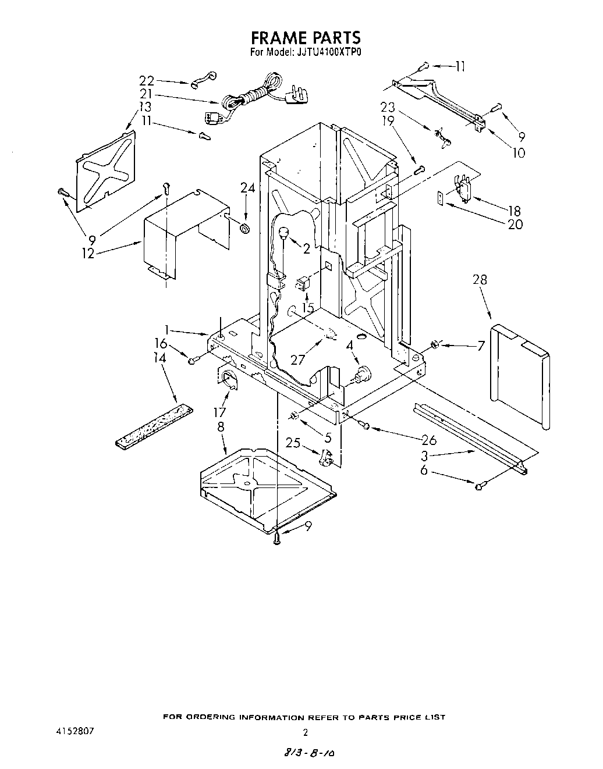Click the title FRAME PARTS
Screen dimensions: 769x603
(306, 38)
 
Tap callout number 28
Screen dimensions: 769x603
(480, 280)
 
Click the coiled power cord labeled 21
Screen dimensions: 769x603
(250, 93)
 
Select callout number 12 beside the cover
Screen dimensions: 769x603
(88, 254)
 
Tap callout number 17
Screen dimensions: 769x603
(219, 413)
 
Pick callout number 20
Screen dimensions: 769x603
(515, 225)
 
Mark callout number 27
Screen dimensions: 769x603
(297, 359)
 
